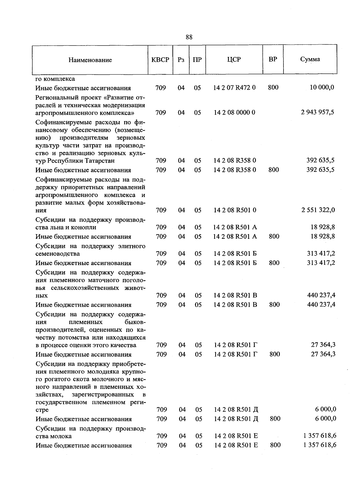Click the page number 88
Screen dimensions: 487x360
pyautogui.click(x=189, y=37)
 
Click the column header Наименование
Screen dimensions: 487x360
pyautogui.click(x=90, y=60)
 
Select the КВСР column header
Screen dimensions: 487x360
pyautogui.click(x=160, y=60)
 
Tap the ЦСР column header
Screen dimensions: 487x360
pyautogui.click(x=234, y=59)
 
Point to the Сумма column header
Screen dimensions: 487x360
pyautogui.click(x=310, y=59)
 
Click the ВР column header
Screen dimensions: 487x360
pyautogui.click(x=273, y=59)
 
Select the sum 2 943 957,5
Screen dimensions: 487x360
pyautogui.click(x=317, y=112)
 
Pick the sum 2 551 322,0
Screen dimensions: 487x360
pyautogui.click(x=318, y=210)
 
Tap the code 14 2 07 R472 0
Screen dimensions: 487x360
pyautogui.click(x=235, y=88)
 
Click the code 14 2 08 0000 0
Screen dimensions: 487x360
pyautogui.click(x=235, y=112)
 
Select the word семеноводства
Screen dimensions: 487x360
pyautogui.click(x=58, y=254)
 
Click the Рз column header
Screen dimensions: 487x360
pyautogui.click(x=181, y=60)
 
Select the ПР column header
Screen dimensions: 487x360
pyautogui.click(x=197, y=60)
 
